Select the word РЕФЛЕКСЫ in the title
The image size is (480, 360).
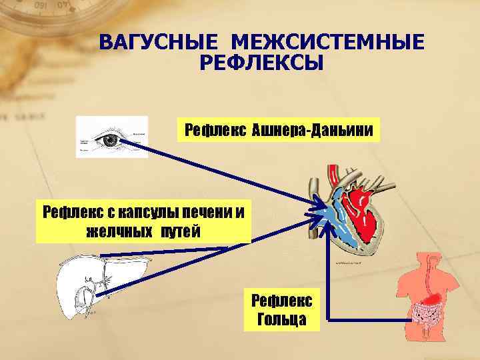261,63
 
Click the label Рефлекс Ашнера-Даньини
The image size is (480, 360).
279,130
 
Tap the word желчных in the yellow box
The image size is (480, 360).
113,231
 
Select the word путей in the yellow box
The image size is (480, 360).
179,231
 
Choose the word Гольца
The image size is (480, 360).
281,319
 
